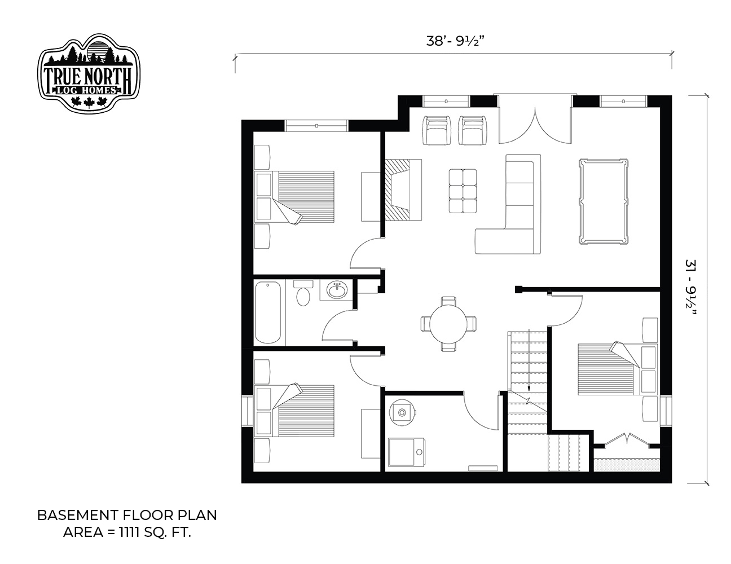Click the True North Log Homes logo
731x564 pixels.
(x=89, y=73)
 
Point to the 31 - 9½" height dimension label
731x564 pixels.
(x=690, y=287)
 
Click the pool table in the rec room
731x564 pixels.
(x=604, y=201)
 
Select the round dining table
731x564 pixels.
(x=448, y=324)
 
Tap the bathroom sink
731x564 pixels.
(x=336, y=290)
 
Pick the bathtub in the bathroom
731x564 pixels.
(x=268, y=312)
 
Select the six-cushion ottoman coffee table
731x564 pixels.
(x=463, y=191)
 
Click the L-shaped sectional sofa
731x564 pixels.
(x=508, y=204)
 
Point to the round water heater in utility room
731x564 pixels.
(x=402, y=412)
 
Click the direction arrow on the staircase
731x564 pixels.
(x=529, y=360)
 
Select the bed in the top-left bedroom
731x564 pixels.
(x=294, y=197)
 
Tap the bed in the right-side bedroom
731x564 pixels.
(x=618, y=368)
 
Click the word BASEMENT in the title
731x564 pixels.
(x=78, y=515)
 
